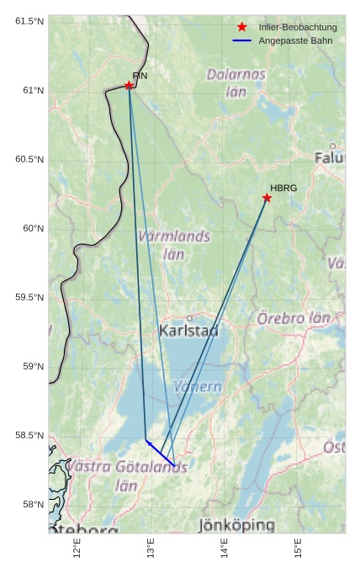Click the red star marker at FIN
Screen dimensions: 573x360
pyautogui.click(x=129, y=85)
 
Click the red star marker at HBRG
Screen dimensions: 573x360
pyautogui.click(x=267, y=198)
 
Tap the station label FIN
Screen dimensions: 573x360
pyautogui.click(x=140, y=76)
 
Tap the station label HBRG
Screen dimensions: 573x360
pyautogui.click(x=283, y=188)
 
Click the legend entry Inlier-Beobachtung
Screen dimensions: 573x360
pyautogui.click(x=298, y=27)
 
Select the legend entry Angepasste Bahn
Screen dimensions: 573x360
pyautogui.click(x=295, y=40)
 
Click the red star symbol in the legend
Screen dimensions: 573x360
pyautogui.click(x=242, y=27)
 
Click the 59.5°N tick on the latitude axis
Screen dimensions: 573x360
pyautogui.click(x=26, y=298)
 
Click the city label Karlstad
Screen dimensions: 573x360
pyautogui.click(x=188, y=331)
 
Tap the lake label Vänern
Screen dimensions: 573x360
pyautogui.click(x=197, y=387)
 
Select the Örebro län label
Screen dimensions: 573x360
pyautogui.click(x=294, y=319)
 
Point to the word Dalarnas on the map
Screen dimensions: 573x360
pyautogui.click(x=236, y=74)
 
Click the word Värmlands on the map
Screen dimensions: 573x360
pyautogui.click(x=174, y=236)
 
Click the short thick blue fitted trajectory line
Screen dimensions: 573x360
pyautogui.click(x=161, y=453)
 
